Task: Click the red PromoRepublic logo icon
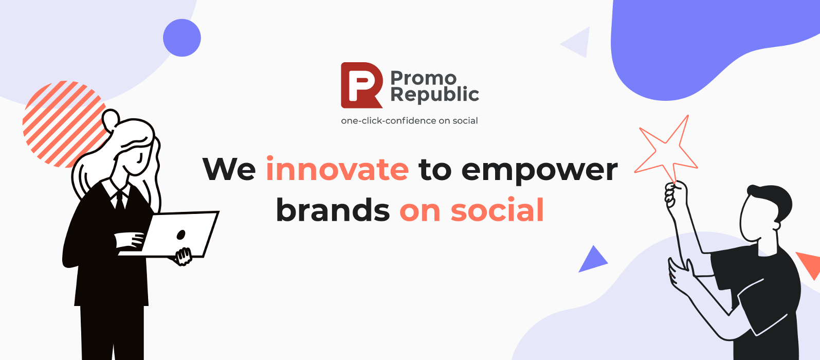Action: coord(361,85)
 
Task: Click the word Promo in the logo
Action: coord(423,78)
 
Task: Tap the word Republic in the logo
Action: coord(434,95)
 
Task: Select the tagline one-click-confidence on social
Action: coord(409,121)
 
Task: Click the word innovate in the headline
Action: coord(337,169)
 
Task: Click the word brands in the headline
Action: coord(333,210)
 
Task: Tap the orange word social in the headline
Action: coord(497,210)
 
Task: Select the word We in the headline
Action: coord(229,169)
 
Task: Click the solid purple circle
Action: coord(182,38)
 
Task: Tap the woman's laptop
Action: coord(180,234)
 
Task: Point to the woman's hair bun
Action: coord(111,119)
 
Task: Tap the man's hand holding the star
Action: coord(673,194)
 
